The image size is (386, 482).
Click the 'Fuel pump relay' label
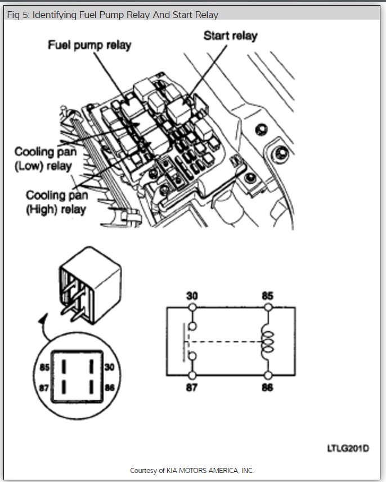(x=89, y=44)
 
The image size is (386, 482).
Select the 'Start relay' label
(x=230, y=35)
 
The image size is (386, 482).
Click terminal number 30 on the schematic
(x=192, y=296)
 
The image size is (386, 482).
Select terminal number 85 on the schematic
(x=267, y=296)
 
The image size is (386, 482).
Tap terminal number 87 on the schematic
(x=192, y=388)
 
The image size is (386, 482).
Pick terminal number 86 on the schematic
(x=267, y=388)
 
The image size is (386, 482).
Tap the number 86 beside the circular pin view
(x=110, y=388)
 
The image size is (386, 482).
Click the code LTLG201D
(x=348, y=448)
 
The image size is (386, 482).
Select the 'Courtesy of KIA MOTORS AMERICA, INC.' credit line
(x=192, y=470)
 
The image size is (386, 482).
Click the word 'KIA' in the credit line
(x=170, y=470)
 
